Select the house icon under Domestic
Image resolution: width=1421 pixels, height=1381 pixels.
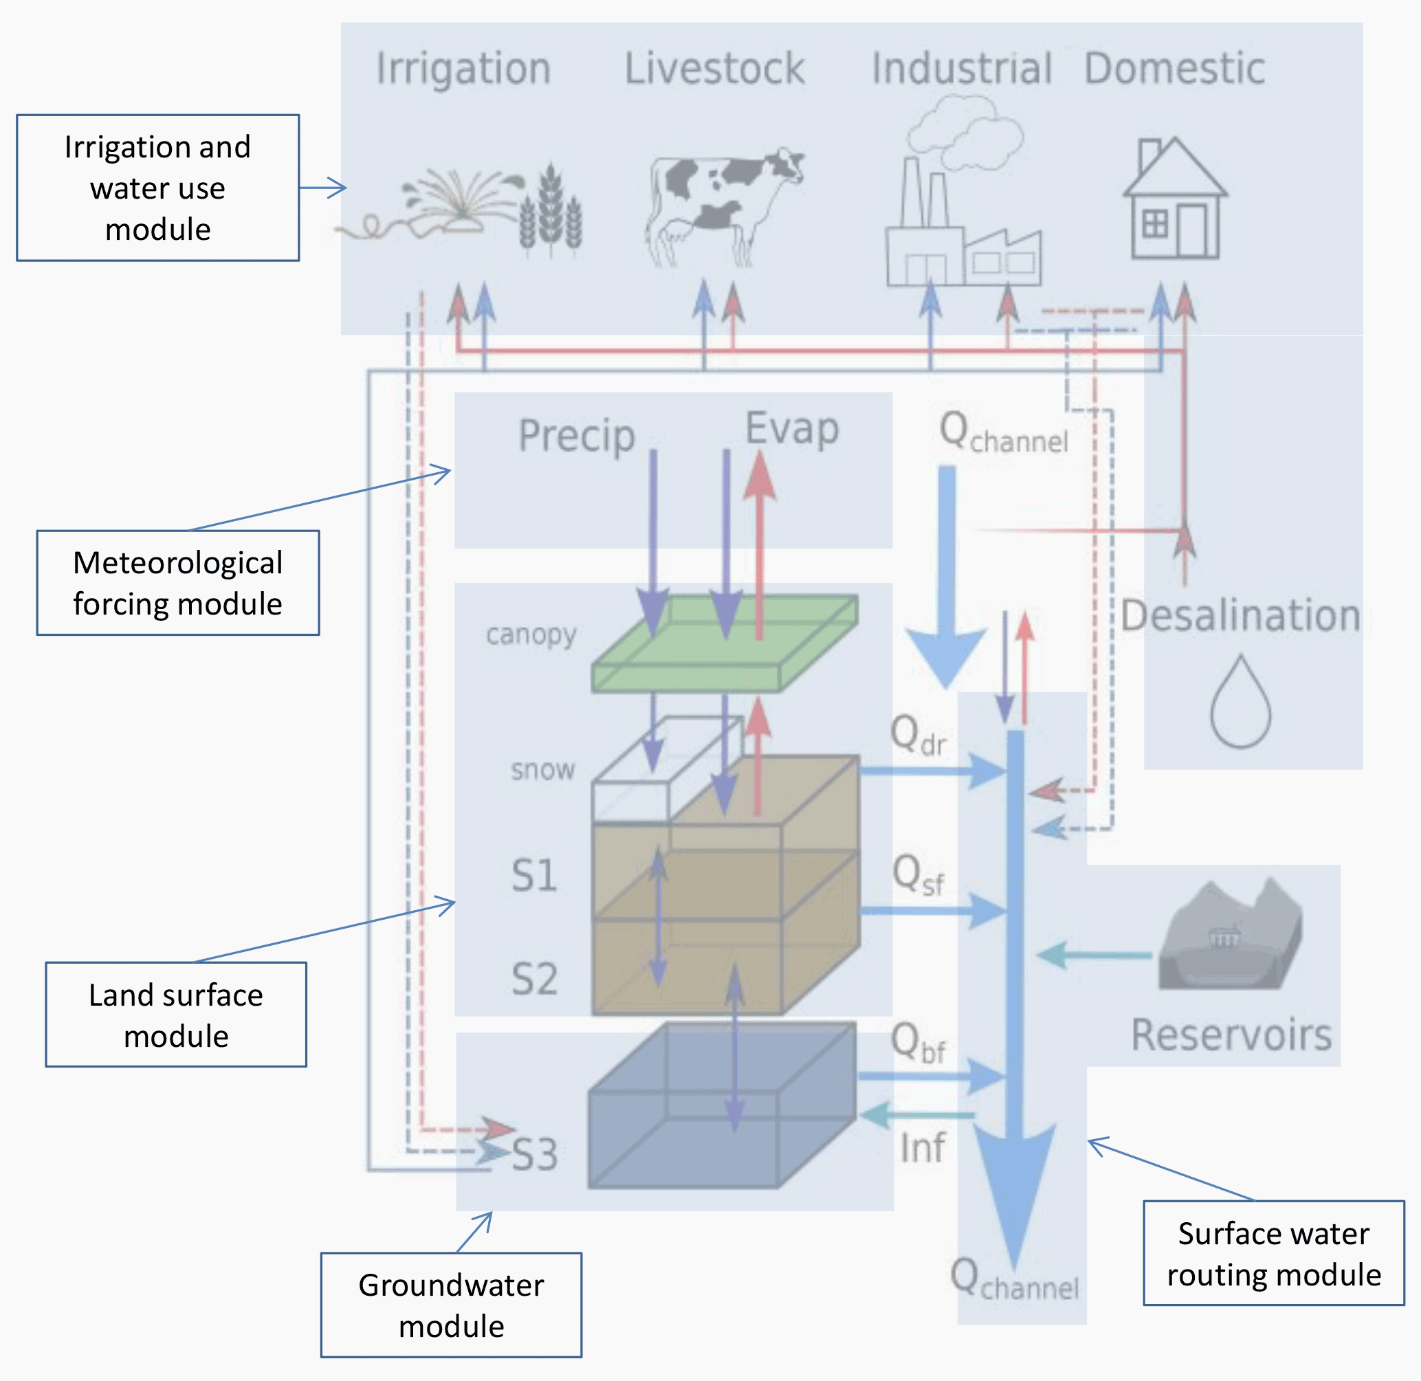pyautogui.click(x=1174, y=199)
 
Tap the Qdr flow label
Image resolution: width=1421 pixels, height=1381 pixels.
pyautogui.click(x=918, y=736)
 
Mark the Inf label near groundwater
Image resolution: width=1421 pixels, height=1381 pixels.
pyautogui.click(x=922, y=1147)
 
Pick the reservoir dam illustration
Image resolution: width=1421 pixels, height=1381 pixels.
pyautogui.click(x=1229, y=936)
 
